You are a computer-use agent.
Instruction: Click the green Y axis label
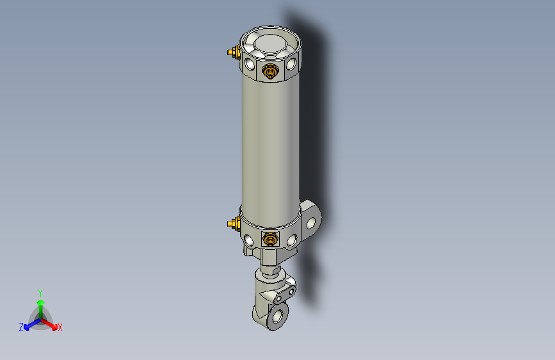40,292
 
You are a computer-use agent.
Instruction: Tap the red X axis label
60,327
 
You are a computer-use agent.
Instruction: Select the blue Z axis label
21,327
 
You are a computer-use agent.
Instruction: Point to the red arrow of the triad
51,323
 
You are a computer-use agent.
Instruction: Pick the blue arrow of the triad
29,323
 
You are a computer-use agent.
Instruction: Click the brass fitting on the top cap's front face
270,70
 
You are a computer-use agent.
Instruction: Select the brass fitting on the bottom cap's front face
271,240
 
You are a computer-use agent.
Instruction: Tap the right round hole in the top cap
292,64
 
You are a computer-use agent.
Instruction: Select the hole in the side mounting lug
312,222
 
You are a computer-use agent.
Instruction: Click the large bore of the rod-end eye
277,316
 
